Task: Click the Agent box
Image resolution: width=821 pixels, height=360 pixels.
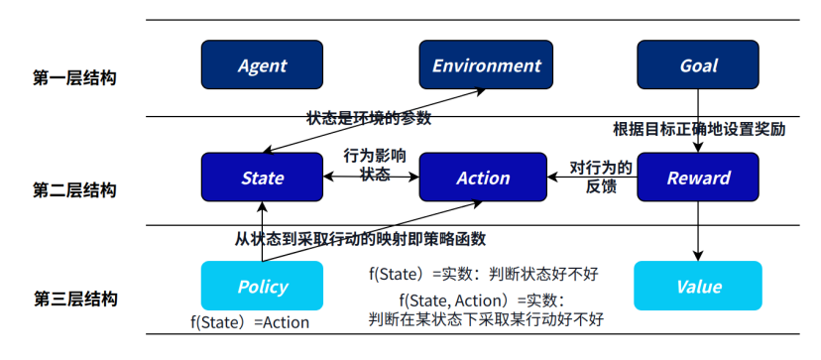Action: pos(262,64)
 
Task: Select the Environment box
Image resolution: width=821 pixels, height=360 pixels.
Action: pos(486,64)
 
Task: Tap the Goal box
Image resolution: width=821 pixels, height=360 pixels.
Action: pos(698,64)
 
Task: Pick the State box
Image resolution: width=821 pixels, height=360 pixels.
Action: pos(262,178)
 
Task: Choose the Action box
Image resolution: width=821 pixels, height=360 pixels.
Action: pos(483,178)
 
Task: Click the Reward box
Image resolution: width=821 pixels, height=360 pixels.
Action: pos(698,178)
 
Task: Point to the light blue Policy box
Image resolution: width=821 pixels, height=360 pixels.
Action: pos(262,286)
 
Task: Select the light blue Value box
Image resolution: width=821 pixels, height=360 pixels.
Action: pos(698,286)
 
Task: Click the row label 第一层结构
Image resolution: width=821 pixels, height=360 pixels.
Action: pos(74,78)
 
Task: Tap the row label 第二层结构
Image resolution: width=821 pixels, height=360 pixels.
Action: pos(74,189)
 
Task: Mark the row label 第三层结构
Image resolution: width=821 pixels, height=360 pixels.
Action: pos(74,300)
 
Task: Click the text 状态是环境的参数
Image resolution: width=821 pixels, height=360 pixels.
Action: pos(369,118)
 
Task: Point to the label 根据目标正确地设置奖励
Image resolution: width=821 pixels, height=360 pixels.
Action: pos(699,129)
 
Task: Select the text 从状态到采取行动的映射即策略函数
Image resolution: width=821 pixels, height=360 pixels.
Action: pos(361,239)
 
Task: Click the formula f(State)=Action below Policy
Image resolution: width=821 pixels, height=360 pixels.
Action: pos(250,322)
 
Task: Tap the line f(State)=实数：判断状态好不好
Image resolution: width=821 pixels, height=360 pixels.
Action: pos(483,274)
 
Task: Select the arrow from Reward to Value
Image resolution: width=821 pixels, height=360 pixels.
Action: pos(698,231)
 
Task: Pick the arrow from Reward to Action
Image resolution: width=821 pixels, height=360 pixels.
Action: pos(592,178)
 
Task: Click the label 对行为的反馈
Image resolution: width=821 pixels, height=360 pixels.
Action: pos(601,178)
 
